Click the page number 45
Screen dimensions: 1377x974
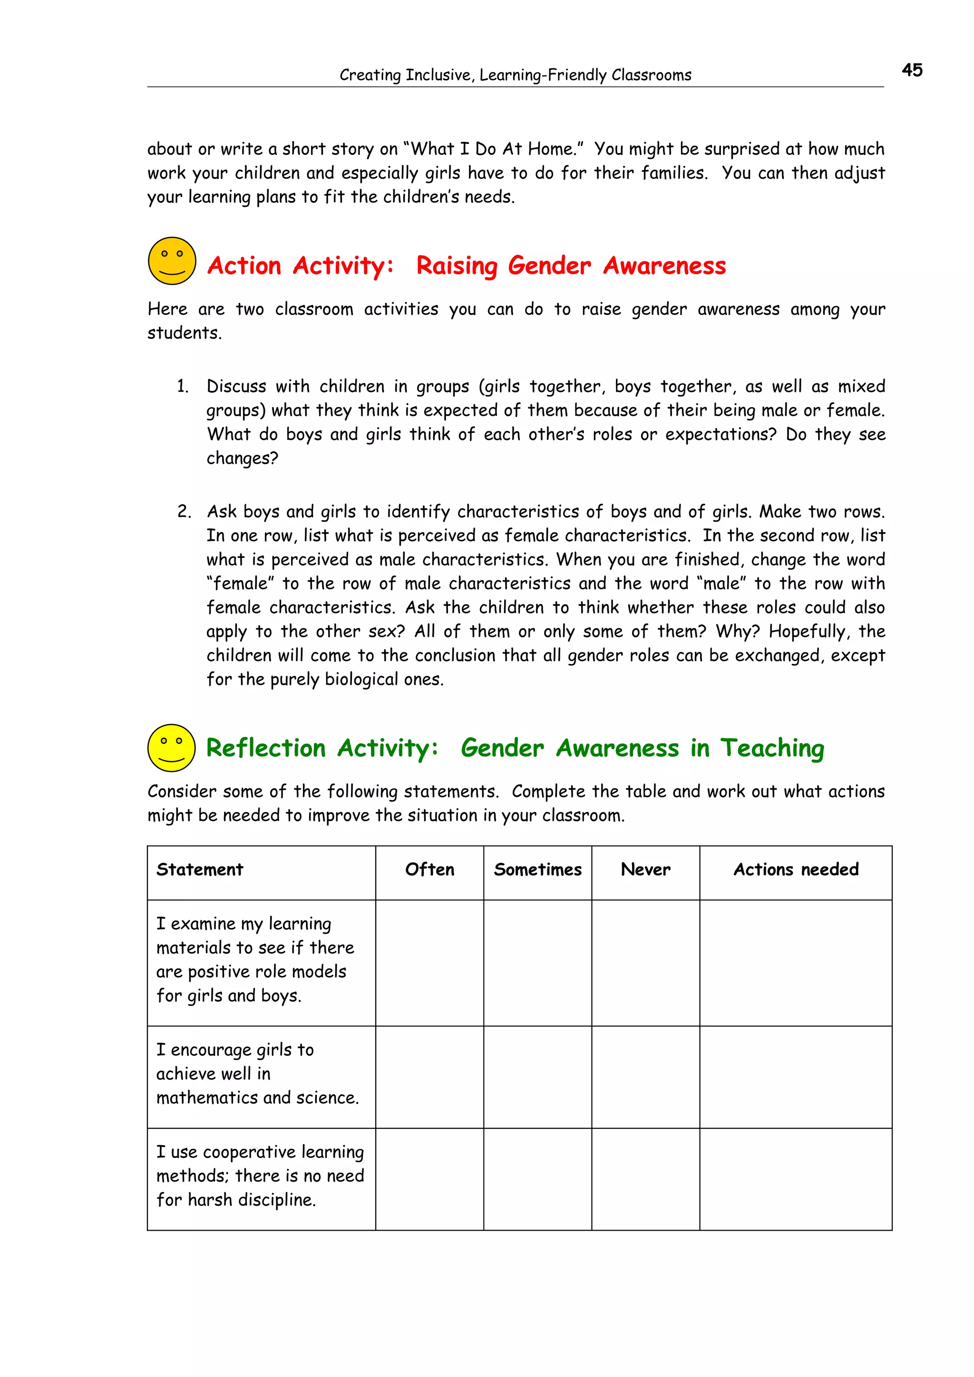(911, 70)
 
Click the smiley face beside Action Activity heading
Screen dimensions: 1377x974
(172, 261)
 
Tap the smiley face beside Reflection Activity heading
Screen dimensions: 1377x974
(171, 747)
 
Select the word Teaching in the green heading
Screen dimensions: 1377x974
(772, 748)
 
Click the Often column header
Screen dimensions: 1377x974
(429, 870)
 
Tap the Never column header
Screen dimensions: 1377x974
(645, 870)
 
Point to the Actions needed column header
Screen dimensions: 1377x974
(795, 870)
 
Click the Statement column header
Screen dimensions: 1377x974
(200, 870)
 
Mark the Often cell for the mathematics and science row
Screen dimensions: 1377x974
(429, 1077)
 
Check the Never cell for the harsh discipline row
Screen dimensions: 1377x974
(645, 1178)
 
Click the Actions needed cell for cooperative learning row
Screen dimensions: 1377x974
(795, 1178)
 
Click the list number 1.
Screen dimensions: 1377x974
(183, 386)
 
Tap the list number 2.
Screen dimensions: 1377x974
(184, 512)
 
